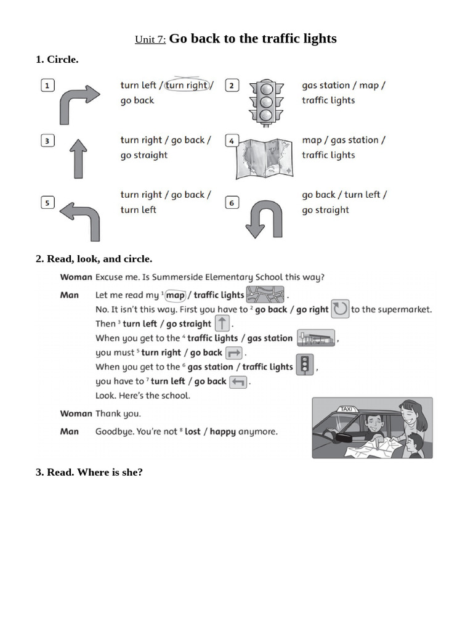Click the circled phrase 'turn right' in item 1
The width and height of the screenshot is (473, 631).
(187, 86)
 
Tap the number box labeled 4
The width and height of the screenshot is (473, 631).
(231, 140)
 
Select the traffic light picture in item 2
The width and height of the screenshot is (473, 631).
(265, 102)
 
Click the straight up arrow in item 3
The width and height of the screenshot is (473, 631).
(78, 158)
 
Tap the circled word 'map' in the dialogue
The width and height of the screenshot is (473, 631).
(175, 295)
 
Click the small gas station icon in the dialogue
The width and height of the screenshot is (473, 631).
(315, 338)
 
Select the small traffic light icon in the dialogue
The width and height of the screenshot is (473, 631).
(305, 365)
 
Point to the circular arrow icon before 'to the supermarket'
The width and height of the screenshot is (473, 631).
(340, 309)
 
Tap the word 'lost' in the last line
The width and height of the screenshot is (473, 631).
(192, 432)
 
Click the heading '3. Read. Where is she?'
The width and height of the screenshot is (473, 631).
(89, 473)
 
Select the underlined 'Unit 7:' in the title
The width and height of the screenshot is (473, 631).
(150, 40)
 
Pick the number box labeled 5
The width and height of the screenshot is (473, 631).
(47, 202)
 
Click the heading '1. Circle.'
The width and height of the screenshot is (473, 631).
(57, 60)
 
